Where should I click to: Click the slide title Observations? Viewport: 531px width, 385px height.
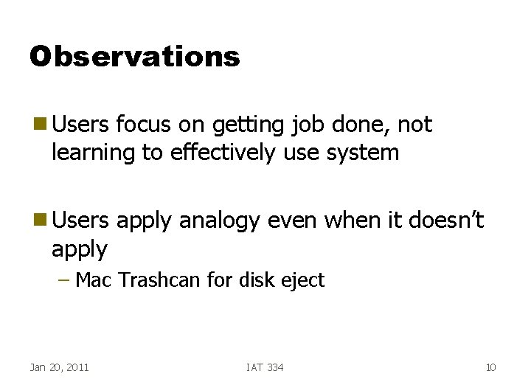(135, 57)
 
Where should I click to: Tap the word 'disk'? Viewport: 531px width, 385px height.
(249, 280)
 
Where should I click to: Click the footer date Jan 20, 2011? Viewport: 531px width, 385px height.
(59, 367)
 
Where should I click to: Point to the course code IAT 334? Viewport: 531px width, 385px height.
(265, 367)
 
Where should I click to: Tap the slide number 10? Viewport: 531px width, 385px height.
(491, 367)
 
